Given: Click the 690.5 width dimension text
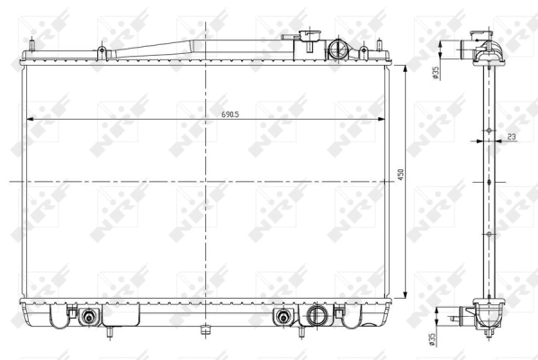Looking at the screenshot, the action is (x=230, y=114).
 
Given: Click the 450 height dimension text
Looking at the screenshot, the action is (x=400, y=175).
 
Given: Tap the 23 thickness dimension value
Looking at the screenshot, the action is (x=512, y=137).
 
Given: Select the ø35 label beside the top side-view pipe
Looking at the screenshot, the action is (x=435, y=73).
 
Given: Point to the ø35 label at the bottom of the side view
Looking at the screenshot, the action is (x=432, y=338).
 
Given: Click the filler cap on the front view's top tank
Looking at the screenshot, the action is (x=311, y=35).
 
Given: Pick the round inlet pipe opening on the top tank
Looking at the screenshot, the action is (x=336, y=49).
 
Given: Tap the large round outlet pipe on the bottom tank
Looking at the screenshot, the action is (x=315, y=315).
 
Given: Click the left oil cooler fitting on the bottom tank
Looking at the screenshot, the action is (x=88, y=316).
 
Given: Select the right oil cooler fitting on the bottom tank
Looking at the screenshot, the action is (x=283, y=316).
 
